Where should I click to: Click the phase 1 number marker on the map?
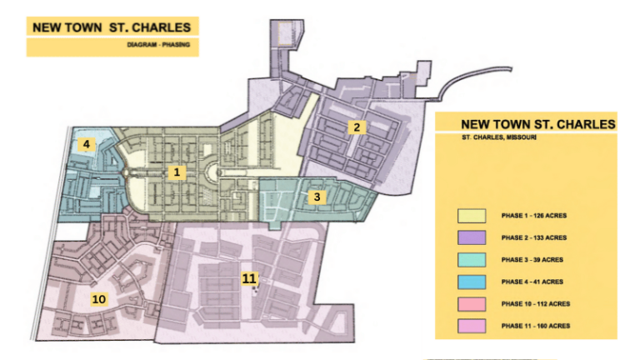tap(176, 172)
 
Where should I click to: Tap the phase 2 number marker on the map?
tap(356, 127)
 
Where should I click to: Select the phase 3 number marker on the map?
tap(316, 197)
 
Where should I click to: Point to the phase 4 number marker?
tap(85, 145)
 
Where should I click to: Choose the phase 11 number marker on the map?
tap(249, 278)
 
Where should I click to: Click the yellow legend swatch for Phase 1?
tap(471, 216)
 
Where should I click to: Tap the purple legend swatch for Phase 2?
tap(471, 237)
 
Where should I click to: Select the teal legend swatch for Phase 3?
tap(471, 259)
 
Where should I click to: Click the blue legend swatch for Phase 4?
tap(471, 281)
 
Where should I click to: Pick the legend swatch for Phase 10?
tap(471, 302)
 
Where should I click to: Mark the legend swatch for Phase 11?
tap(471, 325)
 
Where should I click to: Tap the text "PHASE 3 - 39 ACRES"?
tap(532, 259)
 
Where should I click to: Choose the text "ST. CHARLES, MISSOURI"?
tap(499, 137)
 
